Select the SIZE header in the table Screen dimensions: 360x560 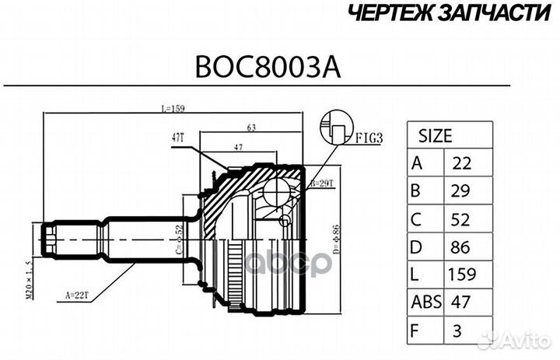436,135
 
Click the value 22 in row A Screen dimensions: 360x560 460,163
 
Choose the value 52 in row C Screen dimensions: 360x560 460,219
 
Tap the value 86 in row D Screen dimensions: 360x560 460,247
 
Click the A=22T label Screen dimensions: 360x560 75,295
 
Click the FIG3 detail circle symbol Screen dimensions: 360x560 337,128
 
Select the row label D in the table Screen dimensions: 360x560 416,247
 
